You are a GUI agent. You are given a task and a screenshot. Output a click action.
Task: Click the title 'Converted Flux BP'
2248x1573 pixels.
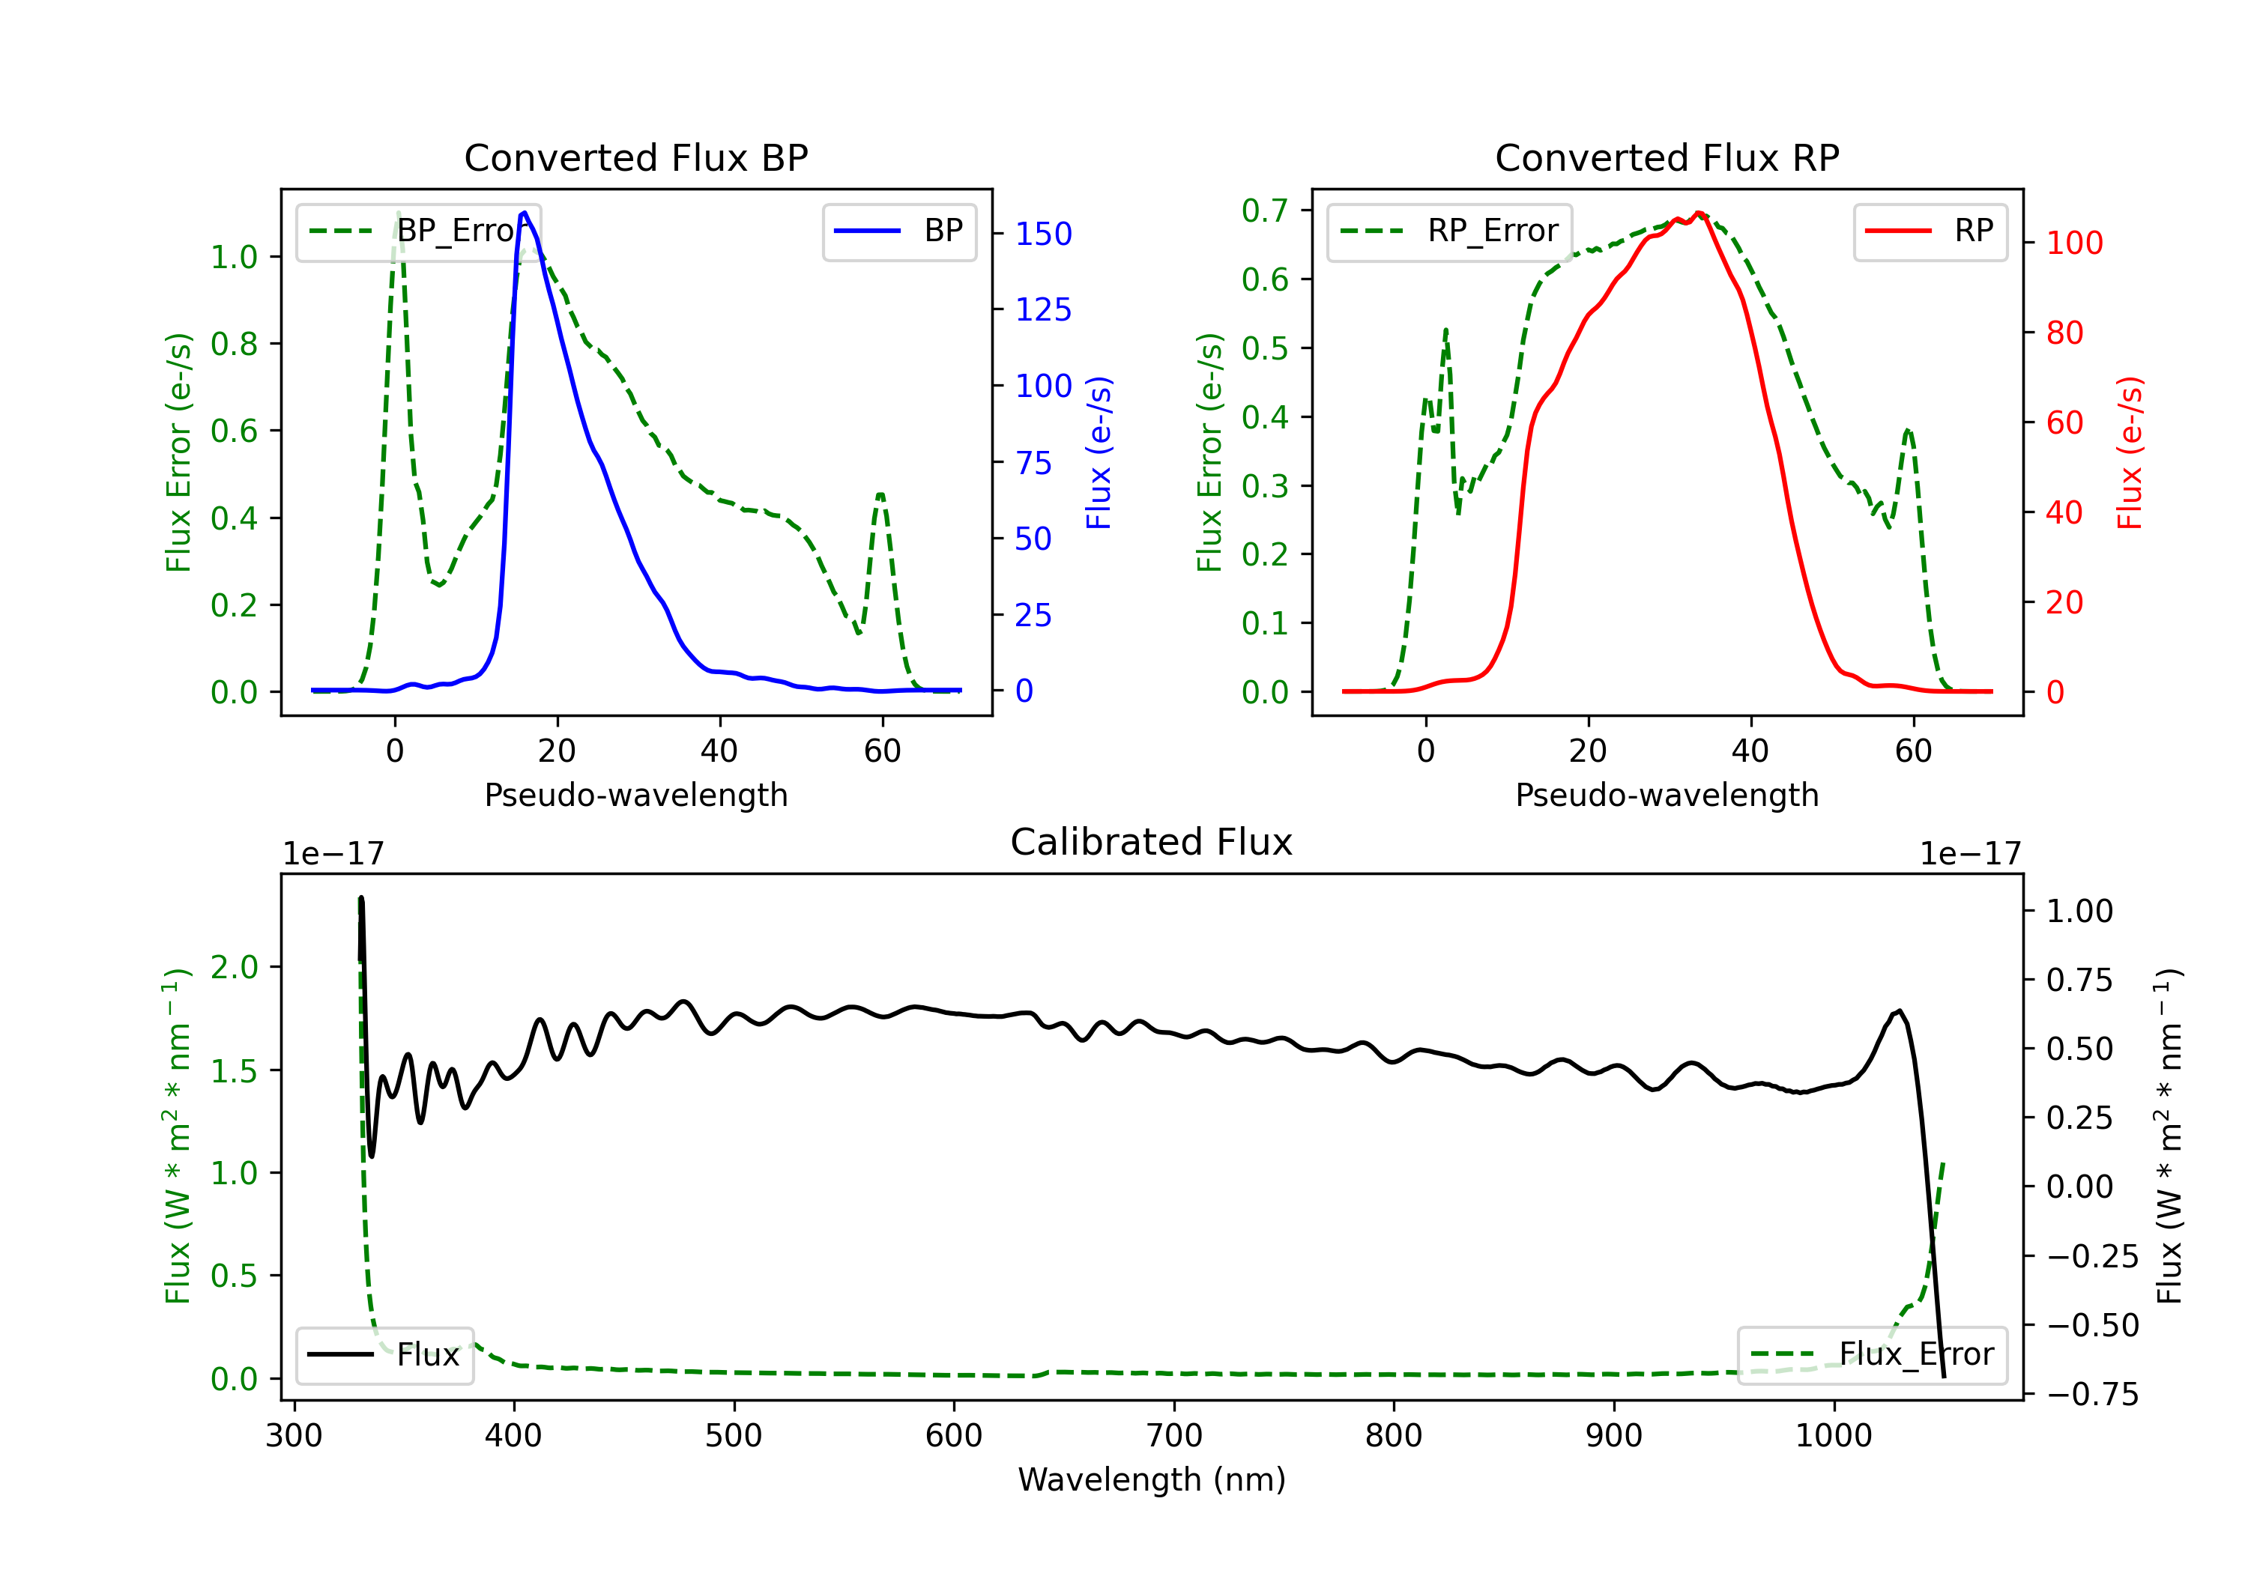pyautogui.click(x=635, y=157)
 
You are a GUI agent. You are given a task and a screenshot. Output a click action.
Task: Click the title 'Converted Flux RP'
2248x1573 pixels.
pyautogui.click(x=1667, y=157)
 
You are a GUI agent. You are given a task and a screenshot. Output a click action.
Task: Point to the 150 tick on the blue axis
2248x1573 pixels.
pyautogui.click(x=1043, y=234)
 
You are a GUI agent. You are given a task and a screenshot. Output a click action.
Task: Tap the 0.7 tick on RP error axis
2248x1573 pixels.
pyautogui.click(x=1264, y=210)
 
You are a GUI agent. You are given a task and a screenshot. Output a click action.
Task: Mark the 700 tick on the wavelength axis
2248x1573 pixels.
pyautogui.click(x=1174, y=1436)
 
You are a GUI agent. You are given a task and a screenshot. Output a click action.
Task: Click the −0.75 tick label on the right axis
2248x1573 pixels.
pyautogui.click(x=2092, y=1394)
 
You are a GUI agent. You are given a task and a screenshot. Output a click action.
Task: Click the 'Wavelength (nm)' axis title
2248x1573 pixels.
pyautogui.click(x=1152, y=1479)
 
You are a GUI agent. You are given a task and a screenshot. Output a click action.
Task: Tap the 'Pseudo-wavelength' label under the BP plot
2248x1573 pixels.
pyautogui.click(x=635, y=795)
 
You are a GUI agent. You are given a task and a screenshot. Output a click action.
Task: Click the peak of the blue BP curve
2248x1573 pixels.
pyautogui.click(x=525, y=213)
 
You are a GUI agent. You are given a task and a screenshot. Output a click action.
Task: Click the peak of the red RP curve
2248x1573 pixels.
pyautogui.click(x=1699, y=213)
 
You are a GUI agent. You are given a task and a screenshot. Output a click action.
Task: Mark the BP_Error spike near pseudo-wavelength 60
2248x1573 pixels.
pyautogui.click(x=880, y=495)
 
